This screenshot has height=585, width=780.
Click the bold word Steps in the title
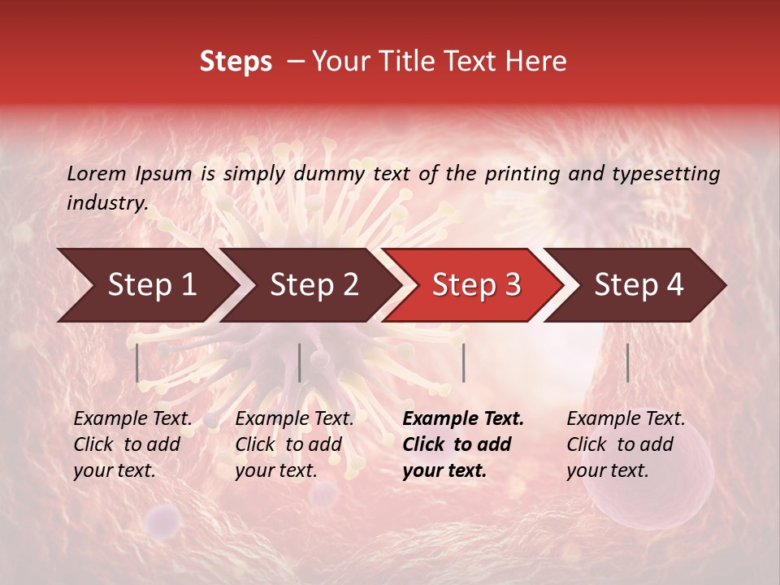tap(236, 62)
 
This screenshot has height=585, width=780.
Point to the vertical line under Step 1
tap(137, 362)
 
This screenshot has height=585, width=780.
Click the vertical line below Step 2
tap(300, 362)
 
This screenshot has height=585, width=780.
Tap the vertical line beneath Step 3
tap(463, 362)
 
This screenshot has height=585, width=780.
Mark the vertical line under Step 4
tap(627, 362)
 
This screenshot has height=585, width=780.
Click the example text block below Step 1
tap(132, 444)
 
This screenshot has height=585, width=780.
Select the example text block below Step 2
tap(294, 444)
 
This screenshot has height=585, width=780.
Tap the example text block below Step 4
tap(626, 444)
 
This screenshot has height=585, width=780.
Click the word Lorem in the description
tap(96, 173)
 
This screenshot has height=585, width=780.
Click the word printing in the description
tap(522, 173)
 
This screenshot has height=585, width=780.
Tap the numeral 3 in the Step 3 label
tap(512, 284)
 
